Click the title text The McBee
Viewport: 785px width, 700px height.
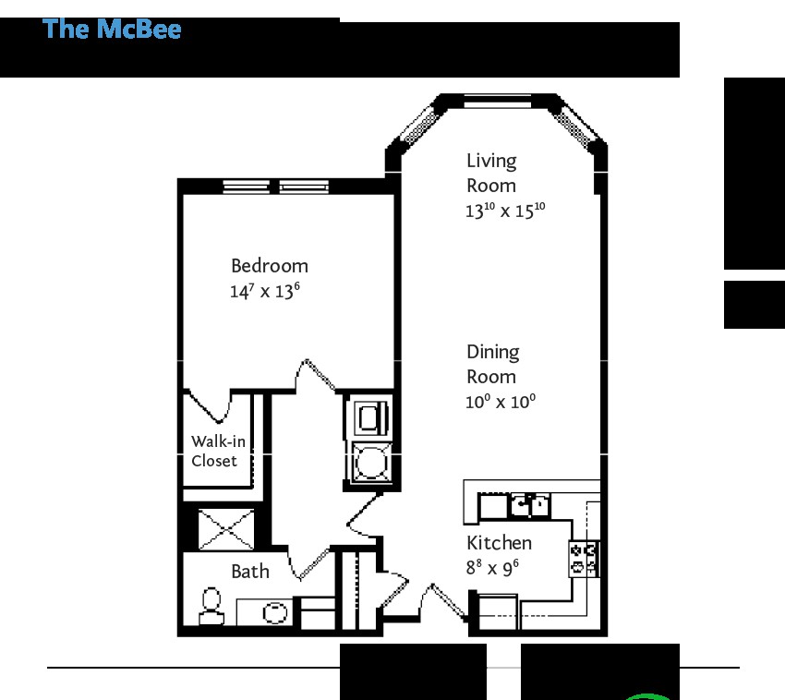[112, 29]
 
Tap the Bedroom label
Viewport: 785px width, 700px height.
[270, 266]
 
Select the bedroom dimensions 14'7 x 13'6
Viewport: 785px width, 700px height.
[265, 291]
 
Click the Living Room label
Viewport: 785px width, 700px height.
[491, 174]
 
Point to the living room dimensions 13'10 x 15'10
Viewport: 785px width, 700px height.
[505, 211]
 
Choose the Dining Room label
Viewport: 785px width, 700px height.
[492, 364]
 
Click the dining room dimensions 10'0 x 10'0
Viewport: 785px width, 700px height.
[501, 402]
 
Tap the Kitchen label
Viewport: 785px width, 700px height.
[499, 543]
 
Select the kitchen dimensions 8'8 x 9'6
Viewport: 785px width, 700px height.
[492, 568]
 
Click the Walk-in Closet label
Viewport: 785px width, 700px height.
[218, 452]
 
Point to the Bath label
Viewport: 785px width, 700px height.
[250, 572]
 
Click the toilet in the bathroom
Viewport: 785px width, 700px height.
[211, 607]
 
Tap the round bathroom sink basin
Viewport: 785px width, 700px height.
[275, 613]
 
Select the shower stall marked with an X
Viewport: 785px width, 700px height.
[226, 529]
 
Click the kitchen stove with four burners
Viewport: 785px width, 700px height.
[585, 559]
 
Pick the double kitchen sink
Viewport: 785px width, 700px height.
[530, 506]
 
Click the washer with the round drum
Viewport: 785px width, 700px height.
[371, 463]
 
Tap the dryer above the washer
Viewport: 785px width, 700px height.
[371, 417]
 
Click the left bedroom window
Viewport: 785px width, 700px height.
[247, 187]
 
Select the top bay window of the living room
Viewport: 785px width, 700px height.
[497, 101]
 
